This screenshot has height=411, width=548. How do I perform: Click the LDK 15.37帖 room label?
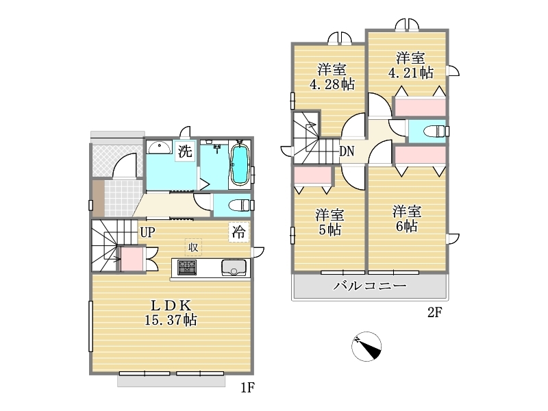pyautogui.click(x=171, y=313)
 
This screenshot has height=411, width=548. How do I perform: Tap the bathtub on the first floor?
pyautogui.click(x=240, y=164)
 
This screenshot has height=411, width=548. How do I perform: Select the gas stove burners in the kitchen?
pyautogui.click(x=187, y=267)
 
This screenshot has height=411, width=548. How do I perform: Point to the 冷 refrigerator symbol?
pyautogui.click(x=239, y=232)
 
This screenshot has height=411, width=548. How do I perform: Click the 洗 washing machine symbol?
pyautogui.click(x=185, y=151)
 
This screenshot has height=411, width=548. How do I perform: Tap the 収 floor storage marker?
pyautogui.click(x=193, y=247)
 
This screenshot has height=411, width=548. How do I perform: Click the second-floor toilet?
pyautogui.click(x=434, y=132)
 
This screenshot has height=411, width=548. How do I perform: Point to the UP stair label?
pyautogui.click(x=148, y=232)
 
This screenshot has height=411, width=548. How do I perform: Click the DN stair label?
pyautogui.click(x=347, y=151)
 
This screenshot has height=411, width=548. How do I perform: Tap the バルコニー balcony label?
pyautogui.click(x=370, y=286)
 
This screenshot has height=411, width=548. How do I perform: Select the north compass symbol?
pyautogui.click(x=366, y=347)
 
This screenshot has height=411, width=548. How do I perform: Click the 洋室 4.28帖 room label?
pyautogui.click(x=332, y=77)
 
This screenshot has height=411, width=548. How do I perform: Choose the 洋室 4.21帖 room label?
pyautogui.click(x=410, y=65)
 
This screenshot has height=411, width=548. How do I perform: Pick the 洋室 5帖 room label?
pyautogui.click(x=329, y=222)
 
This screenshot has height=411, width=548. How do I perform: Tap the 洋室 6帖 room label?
pyautogui.click(x=407, y=219)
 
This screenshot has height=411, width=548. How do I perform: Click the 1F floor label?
pyautogui.click(x=247, y=388)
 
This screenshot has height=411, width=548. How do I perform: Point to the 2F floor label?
pyautogui.click(x=435, y=312)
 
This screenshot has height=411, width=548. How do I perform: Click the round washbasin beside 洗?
pyautogui.click(x=160, y=148)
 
